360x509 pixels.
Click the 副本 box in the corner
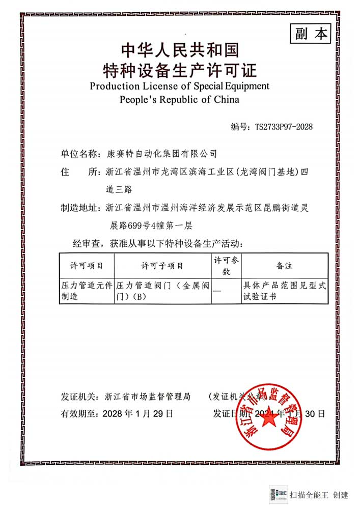(310, 34)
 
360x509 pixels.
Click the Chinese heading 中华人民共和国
(180, 51)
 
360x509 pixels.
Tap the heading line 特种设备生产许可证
(180, 69)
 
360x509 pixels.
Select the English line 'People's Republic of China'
(179, 99)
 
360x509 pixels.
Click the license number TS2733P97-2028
(284, 126)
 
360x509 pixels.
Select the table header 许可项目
(86, 266)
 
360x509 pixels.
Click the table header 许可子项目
(162, 266)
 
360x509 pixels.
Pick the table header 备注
(284, 266)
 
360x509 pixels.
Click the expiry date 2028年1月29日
(137, 413)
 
